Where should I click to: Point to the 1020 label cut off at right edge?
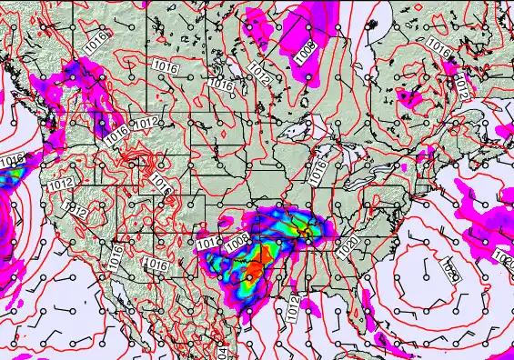506,259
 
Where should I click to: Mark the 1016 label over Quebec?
438,45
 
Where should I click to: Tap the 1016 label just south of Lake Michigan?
318,168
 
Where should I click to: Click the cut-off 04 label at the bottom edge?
221,352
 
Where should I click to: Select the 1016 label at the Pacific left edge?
10,161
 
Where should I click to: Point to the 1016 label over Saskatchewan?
165,66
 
